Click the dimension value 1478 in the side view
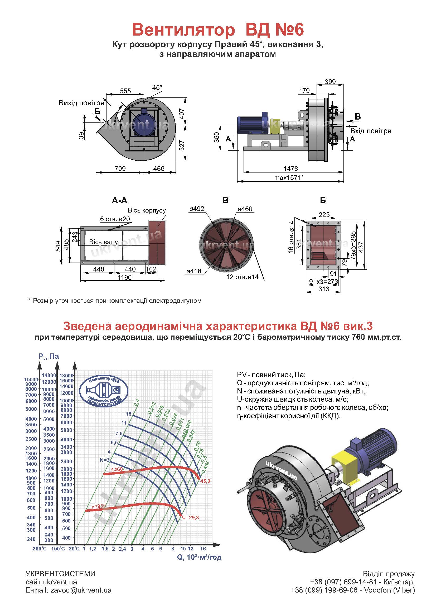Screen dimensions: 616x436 coord(291,169)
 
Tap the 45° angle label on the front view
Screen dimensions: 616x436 coord(157,88)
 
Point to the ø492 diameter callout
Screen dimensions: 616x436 coord(197,209)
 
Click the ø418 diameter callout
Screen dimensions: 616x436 coord(194,271)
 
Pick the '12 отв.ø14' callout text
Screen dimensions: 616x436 coord(243,277)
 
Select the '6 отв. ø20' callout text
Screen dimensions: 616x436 coord(115,219)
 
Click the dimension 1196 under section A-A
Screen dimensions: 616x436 coord(125,277)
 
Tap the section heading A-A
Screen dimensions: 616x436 coord(119,200)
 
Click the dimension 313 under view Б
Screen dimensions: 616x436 coord(324,289)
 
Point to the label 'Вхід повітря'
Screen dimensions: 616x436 coord(370,131)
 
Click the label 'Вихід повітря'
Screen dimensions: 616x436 coord(81,103)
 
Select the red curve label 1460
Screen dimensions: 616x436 coord(117,469)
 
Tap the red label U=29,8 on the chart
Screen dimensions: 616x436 coord(190,518)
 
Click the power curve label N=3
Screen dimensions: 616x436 coord(104,460)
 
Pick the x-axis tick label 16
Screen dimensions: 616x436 coord(203,549)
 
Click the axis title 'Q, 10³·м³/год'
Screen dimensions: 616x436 coord(199,557)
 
